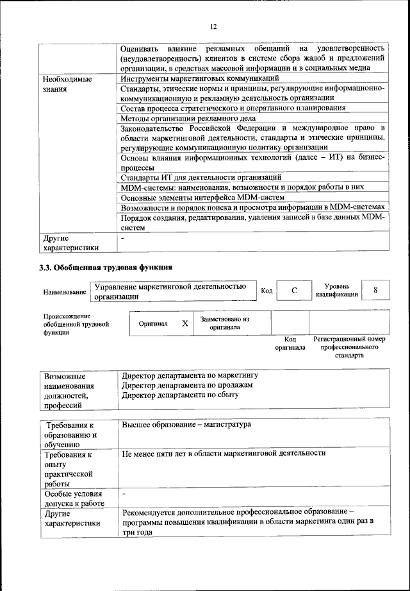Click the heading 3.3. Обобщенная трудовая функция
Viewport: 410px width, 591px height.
pos(106,266)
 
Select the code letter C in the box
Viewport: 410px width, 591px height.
pos(294,291)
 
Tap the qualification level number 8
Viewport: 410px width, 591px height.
pos(376,290)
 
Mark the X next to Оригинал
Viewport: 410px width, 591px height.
pos(184,323)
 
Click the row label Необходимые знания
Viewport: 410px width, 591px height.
pos(67,84)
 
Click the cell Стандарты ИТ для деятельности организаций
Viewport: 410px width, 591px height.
pos(201,176)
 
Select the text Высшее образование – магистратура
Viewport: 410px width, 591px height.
pos(186,425)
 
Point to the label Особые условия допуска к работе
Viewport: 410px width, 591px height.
pos(73,499)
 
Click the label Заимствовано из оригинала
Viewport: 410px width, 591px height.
pos(224,323)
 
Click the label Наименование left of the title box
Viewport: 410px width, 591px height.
pos(64,292)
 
